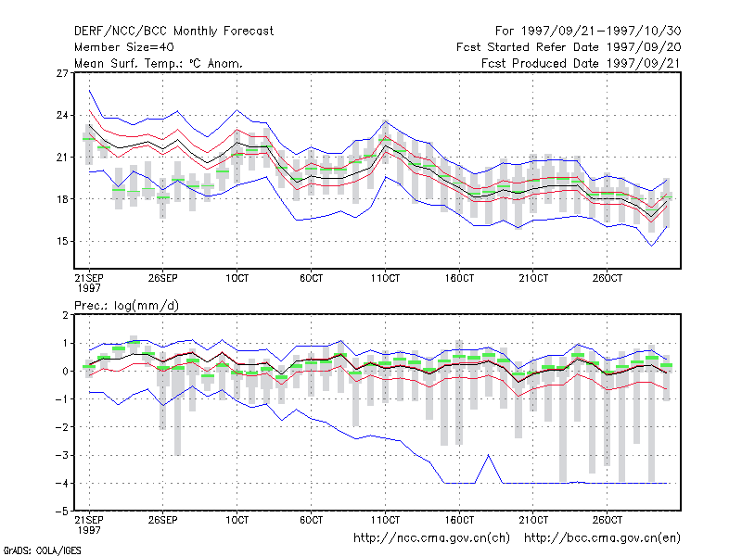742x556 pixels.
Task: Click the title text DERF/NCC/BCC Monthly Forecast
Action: (x=173, y=32)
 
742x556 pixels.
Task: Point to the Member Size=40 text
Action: (x=124, y=47)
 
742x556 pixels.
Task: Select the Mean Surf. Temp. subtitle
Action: (x=159, y=63)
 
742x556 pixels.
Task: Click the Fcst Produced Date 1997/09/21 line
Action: (x=582, y=63)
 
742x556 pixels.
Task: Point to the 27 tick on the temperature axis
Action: (x=62, y=73)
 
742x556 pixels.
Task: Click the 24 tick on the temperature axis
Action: (x=62, y=115)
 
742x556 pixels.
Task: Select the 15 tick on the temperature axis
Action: (x=62, y=241)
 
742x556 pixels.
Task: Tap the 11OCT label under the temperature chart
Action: (x=385, y=279)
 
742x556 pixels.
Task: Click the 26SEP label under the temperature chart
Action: (x=163, y=279)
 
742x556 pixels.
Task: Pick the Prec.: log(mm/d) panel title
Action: (x=127, y=306)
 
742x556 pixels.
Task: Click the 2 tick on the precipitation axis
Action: (x=65, y=315)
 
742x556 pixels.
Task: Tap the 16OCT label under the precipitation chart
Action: (x=459, y=520)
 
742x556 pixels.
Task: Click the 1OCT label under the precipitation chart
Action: (x=237, y=520)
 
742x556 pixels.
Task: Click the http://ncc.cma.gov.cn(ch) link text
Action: (x=432, y=538)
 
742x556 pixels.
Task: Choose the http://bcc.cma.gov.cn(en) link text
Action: (x=602, y=538)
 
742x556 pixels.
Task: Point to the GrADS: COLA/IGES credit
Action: (x=42, y=550)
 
